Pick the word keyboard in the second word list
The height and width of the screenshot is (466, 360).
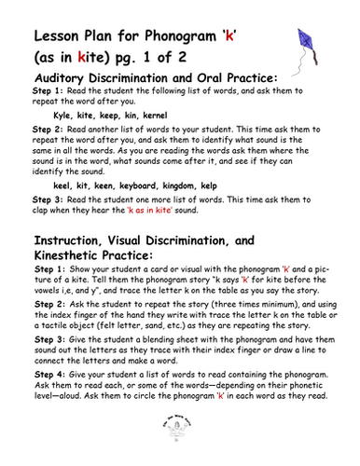[x=145, y=186]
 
